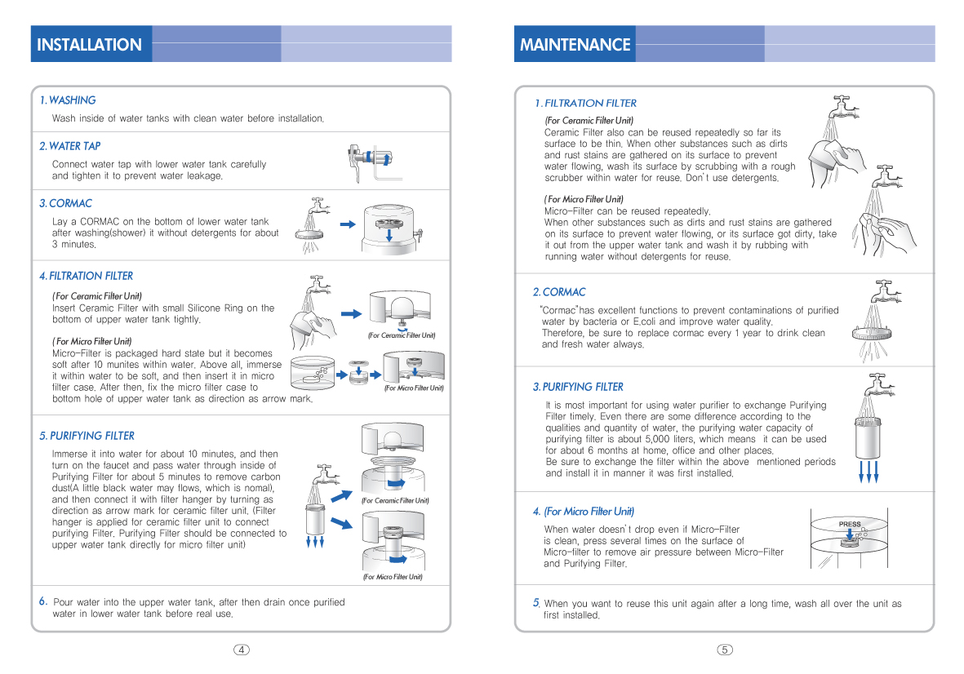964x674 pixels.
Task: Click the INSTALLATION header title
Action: click(x=89, y=45)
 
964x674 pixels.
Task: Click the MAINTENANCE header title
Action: click(x=575, y=45)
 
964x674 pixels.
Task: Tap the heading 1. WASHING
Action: click(x=68, y=100)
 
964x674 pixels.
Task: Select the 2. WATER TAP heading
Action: click(x=70, y=146)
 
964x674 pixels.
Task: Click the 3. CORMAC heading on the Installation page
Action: click(x=66, y=203)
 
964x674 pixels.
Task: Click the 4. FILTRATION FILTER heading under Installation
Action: click(x=86, y=276)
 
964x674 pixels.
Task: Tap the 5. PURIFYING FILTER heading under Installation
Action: click(x=87, y=436)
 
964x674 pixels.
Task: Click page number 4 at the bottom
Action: click(x=242, y=650)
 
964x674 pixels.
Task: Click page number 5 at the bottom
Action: click(x=725, y=650)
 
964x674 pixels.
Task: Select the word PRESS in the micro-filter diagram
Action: click(x=850, y=524)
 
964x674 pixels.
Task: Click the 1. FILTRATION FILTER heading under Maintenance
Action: click(x=585, y=103)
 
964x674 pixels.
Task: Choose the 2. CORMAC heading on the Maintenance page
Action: click(x=559, y=292)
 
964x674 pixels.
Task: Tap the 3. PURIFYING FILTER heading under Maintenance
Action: click(x=578, y=387)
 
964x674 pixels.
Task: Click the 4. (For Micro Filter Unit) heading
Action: click(x=583, y=512)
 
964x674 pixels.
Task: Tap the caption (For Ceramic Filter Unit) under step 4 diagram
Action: click(x=401, y=335)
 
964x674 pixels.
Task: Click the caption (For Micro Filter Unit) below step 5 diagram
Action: click(x=393, y=577)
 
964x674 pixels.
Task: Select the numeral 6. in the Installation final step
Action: click(x=44, y=601)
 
